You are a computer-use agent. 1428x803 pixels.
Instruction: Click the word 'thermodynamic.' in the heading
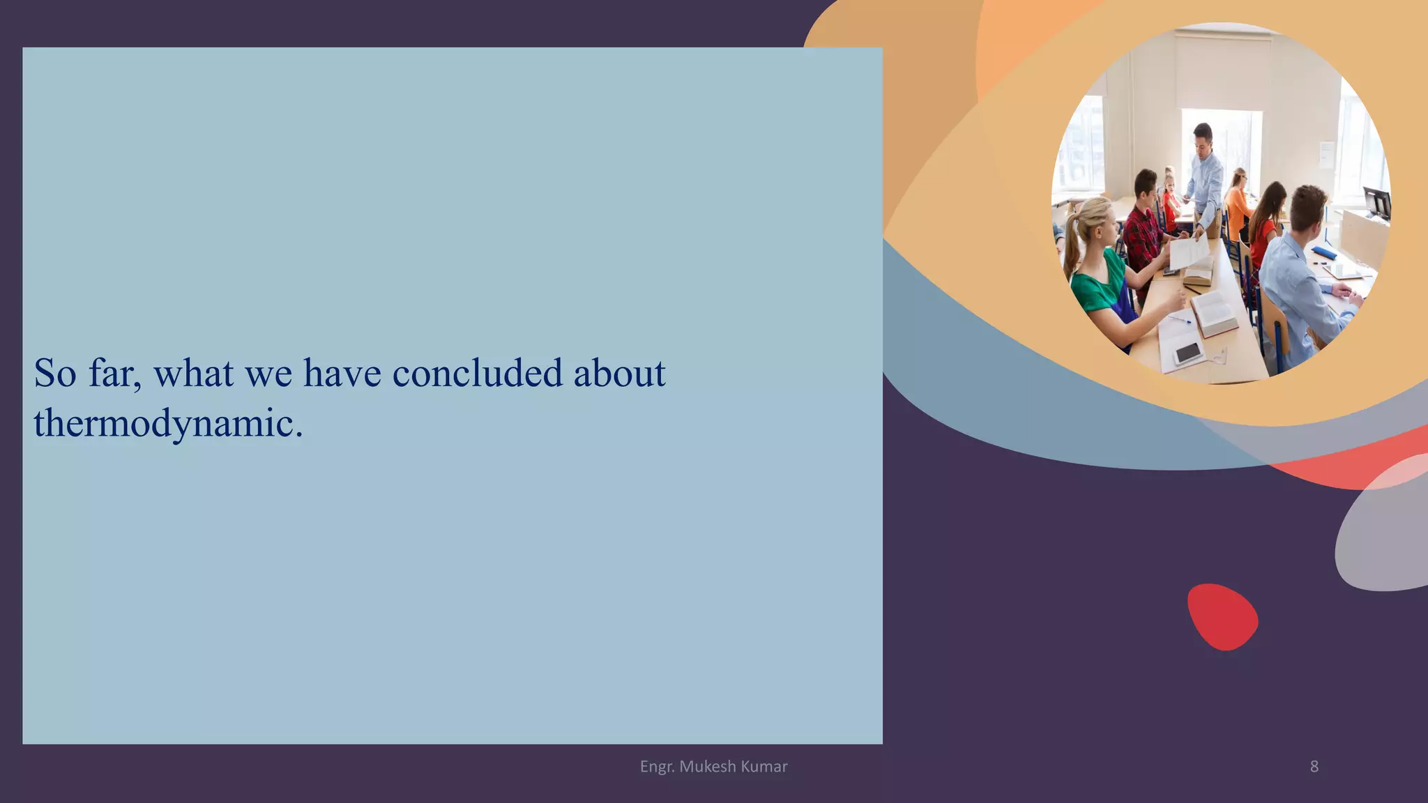(169, 423)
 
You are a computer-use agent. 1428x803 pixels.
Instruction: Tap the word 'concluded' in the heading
(477, 373)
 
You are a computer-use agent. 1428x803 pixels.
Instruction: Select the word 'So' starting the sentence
(55, 373)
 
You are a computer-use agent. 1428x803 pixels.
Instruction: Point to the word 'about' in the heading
(619, 373)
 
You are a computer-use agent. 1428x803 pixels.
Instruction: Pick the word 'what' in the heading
(193, 373)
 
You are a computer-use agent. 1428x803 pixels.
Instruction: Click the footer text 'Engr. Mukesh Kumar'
(713, 767)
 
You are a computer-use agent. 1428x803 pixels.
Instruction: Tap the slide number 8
(1314, 767)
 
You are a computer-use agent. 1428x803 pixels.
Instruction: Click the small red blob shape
(1222, 617)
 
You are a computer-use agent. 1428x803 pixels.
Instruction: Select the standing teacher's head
(1202, 137)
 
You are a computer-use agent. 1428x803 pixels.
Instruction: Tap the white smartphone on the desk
(1188, 353)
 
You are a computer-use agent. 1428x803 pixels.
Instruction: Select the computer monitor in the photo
(1377, 202)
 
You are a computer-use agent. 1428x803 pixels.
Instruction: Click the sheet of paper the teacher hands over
(1190, 251)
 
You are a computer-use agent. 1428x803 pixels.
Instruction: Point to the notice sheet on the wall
(1326, 154)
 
